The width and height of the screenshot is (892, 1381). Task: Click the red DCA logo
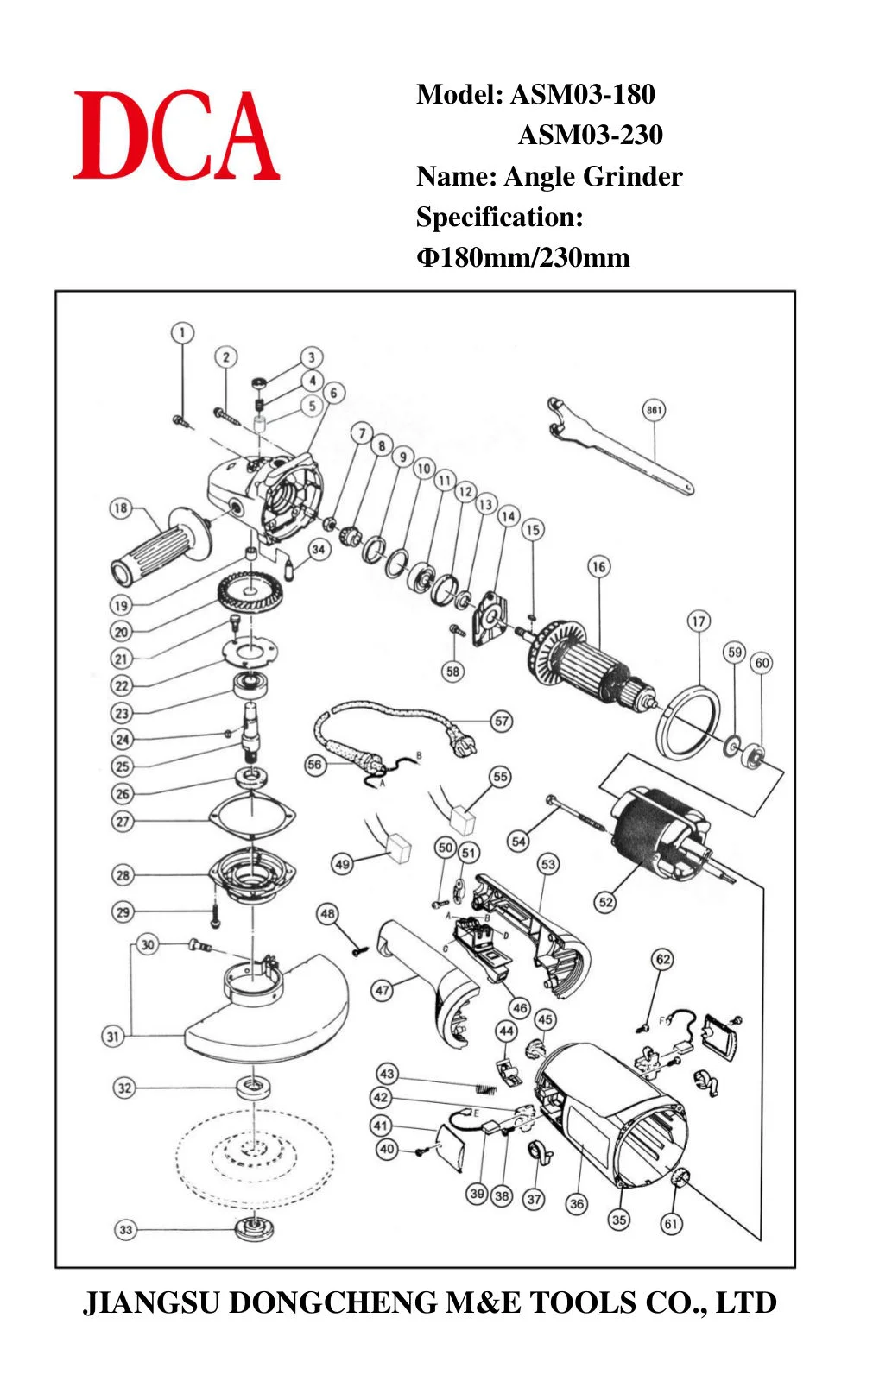coord(176,135)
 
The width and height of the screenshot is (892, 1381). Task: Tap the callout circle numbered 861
coord(654,410)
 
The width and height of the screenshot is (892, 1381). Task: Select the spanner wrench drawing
coord(620,445)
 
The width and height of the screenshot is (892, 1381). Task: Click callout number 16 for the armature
coord(599,566)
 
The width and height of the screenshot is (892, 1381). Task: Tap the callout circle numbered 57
coord(502,722)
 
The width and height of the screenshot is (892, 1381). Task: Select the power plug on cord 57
coord(464,746)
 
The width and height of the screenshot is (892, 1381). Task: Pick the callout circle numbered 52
coord(606,903)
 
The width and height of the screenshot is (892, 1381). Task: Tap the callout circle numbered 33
coord(126,1230)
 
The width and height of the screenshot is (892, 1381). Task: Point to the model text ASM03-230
coord(591,135)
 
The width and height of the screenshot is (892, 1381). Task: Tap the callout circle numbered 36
coord(577,1203)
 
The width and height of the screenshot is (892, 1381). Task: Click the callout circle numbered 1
coord(182,333)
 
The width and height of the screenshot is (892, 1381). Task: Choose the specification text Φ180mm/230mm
coord(523,257)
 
